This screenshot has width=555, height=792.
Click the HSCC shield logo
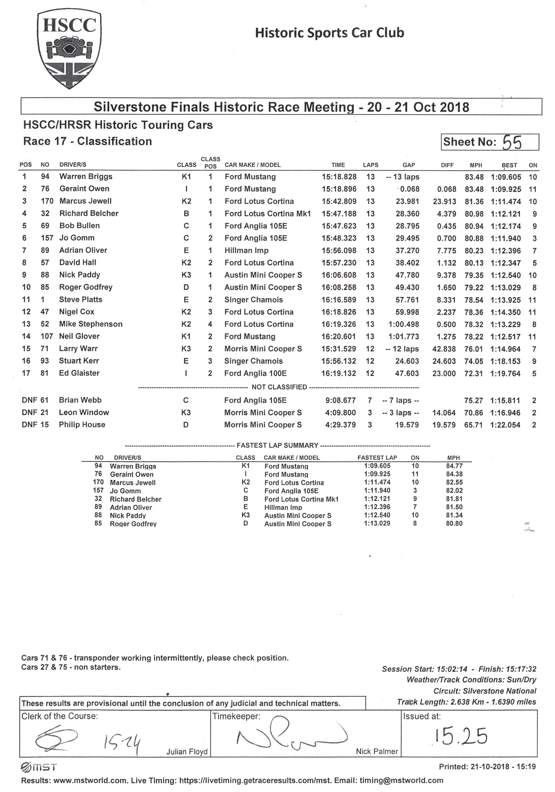click(x=69, y=50)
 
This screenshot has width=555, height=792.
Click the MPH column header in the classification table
click(x=476, y=165)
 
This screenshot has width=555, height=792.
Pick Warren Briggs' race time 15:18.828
click(x=339, y=177)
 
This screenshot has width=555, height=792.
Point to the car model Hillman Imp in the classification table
click(x=246, y=250)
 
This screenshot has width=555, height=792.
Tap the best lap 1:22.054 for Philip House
click(x=505, y=425)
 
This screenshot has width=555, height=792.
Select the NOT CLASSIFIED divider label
click(x=279, y=387)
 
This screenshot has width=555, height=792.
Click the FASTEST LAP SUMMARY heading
click(x=277, y=445)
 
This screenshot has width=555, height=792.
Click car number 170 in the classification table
click(x=47, y=201)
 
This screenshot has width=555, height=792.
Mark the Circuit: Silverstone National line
click(x=485, y=691)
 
